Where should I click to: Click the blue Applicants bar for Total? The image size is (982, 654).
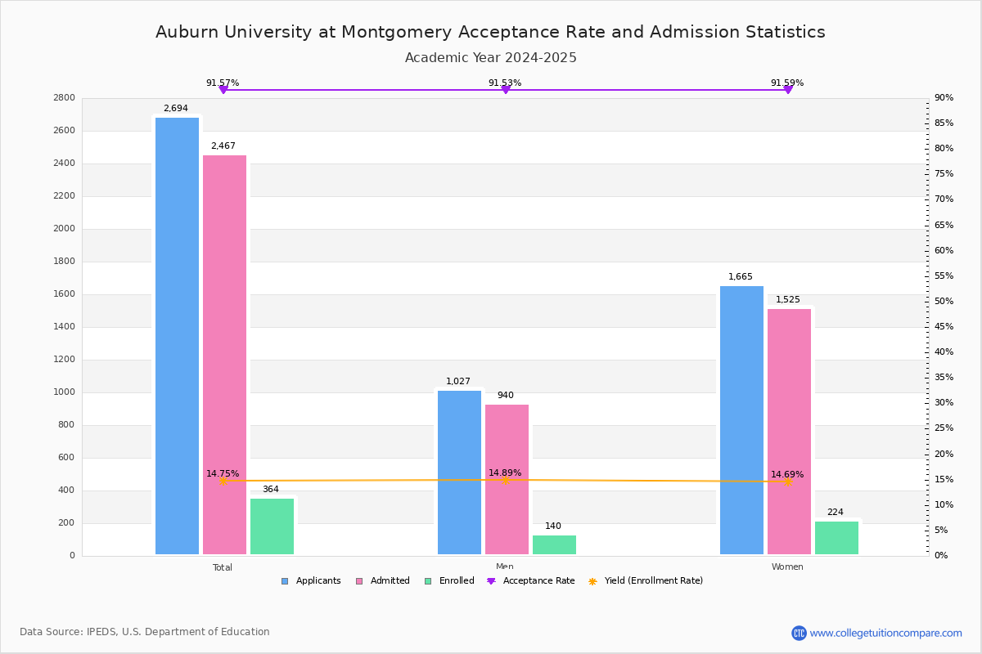[177, 335]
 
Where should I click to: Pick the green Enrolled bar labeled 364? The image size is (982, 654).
[272, 526]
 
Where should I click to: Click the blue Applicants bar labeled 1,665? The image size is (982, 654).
[741, 420]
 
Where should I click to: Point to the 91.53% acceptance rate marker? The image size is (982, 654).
[505, 89]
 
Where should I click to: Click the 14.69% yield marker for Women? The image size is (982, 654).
[787, 482]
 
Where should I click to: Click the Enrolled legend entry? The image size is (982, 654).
[449, 581]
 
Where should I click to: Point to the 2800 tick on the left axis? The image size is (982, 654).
[65, 98]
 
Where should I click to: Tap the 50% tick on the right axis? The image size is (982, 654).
[944, 302]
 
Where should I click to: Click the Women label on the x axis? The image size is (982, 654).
[787, 567]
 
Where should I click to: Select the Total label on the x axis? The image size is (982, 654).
[223, 567]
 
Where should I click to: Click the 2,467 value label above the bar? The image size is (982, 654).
[223, 146]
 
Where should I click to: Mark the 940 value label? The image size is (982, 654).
[506, 396]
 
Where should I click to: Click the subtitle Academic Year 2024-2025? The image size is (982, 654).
[491, 58]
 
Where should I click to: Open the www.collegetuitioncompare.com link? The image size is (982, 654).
[885, 633]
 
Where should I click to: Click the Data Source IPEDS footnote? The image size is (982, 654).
[145, 632]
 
